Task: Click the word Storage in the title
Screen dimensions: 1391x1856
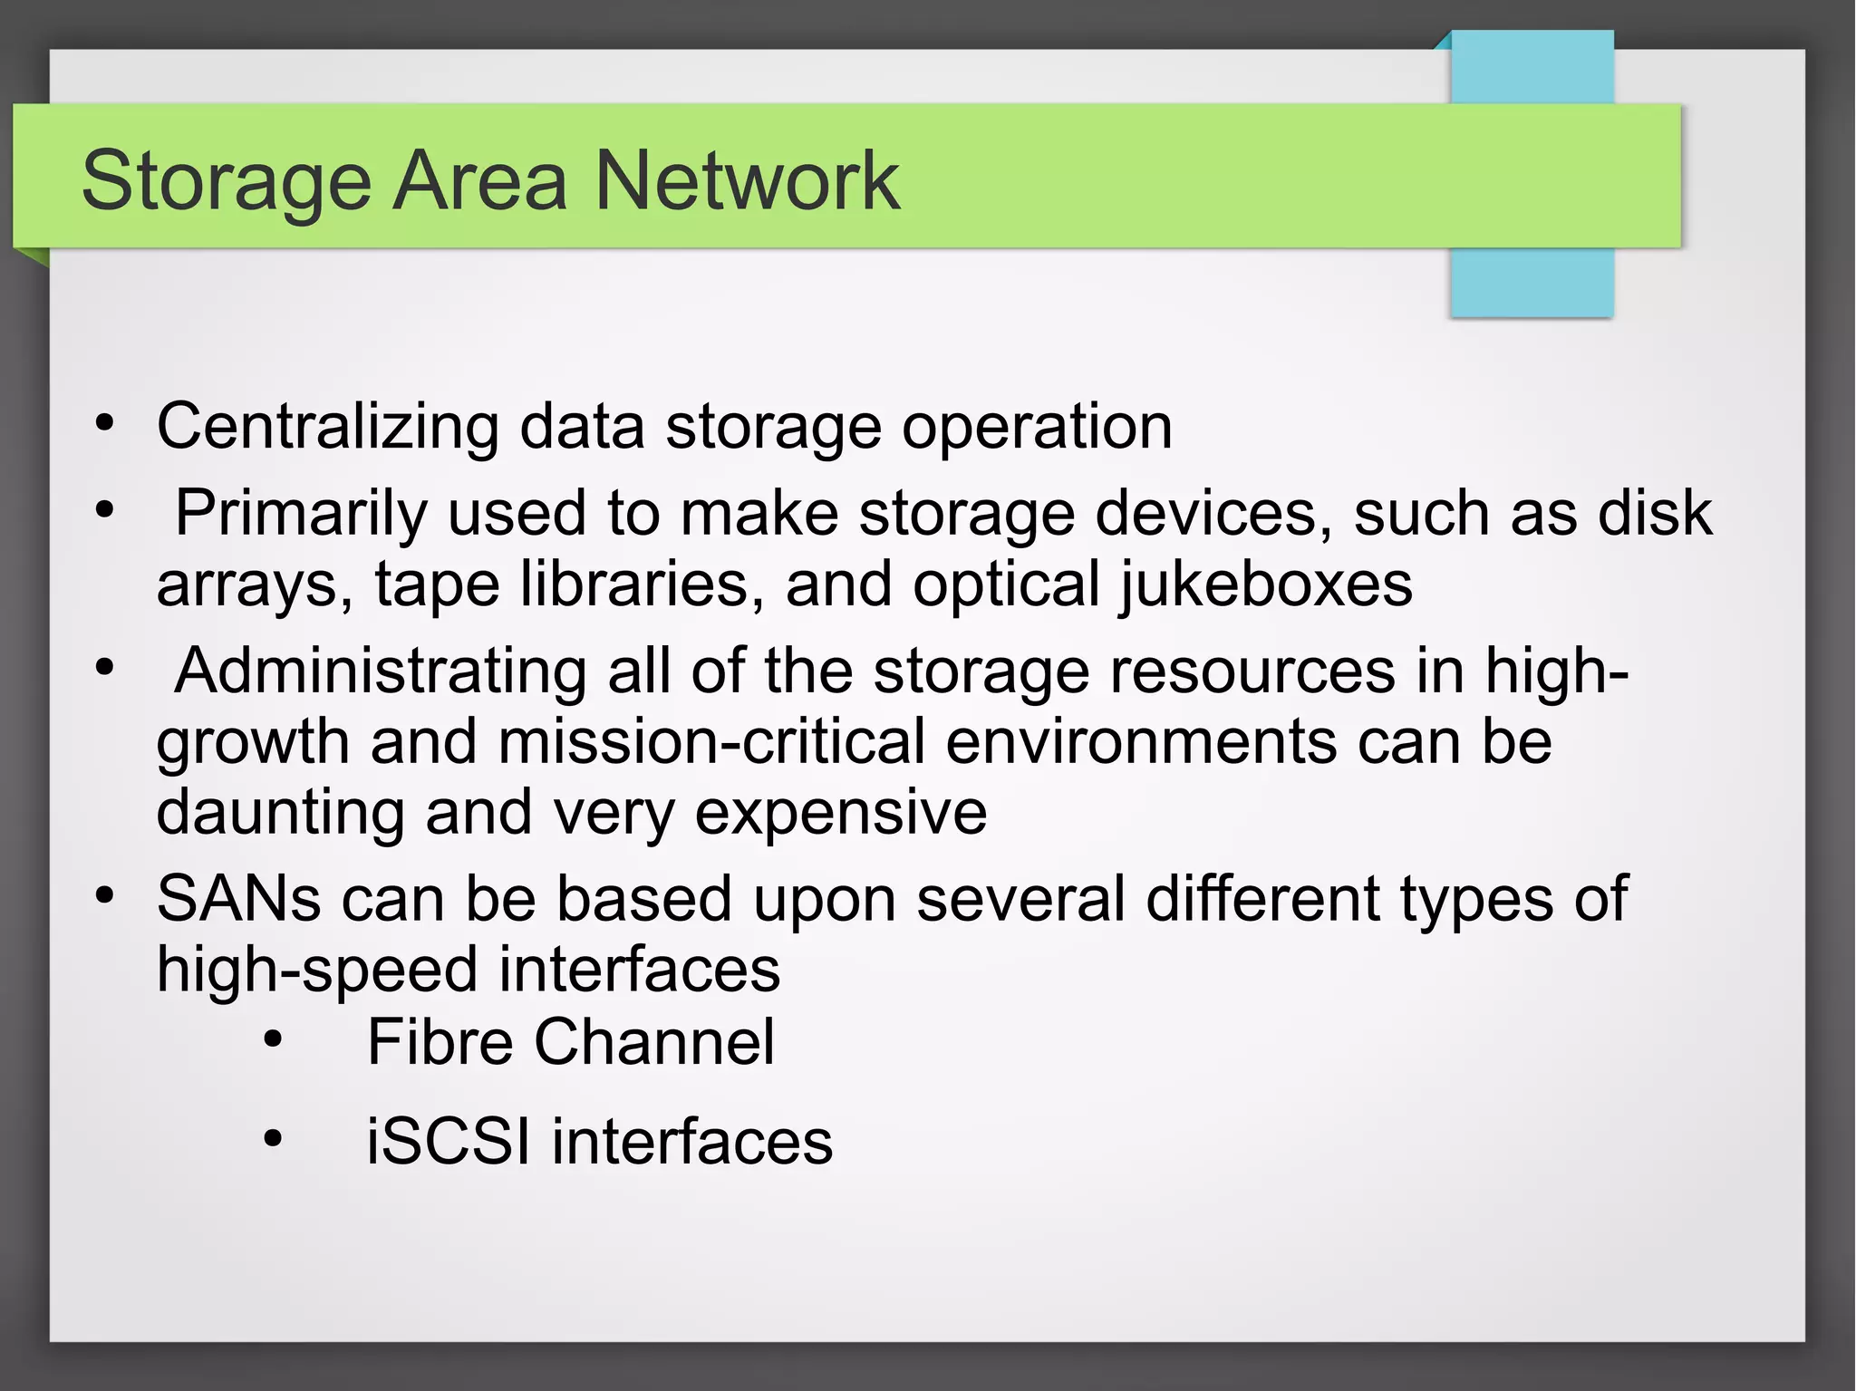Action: pos(227,181)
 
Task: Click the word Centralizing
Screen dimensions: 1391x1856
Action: pos(327,426)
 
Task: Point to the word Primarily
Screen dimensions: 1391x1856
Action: pos(300,514)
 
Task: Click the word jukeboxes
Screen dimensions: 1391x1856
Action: pos(1266,584)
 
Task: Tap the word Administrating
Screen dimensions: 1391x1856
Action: pos(381,671)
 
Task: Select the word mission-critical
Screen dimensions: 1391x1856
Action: pos(711,741)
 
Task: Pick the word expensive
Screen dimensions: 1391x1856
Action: pos(841,813)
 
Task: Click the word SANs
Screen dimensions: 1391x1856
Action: pos(238,899)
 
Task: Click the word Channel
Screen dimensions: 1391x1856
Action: pos(654,1042)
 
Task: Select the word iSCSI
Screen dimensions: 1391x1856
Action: pos(448,1141)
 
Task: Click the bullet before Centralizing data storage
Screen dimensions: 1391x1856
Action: pos(105,423)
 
